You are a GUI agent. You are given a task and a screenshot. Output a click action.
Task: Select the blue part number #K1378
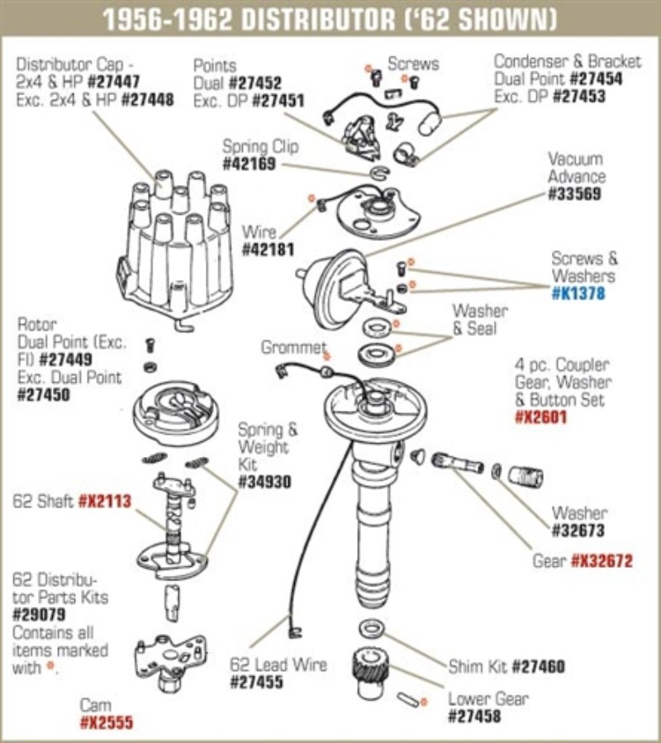click(584, 293)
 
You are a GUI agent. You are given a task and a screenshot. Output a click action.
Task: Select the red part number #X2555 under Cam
click(106, 723)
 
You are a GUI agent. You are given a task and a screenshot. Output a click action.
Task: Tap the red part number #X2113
click(105, 502)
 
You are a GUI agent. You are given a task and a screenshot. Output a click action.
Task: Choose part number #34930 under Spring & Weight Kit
click(264, 482)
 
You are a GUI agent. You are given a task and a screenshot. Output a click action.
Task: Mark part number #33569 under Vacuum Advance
click(575, 195)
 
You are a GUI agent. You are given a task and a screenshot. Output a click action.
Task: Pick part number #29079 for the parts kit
click(40, 615)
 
